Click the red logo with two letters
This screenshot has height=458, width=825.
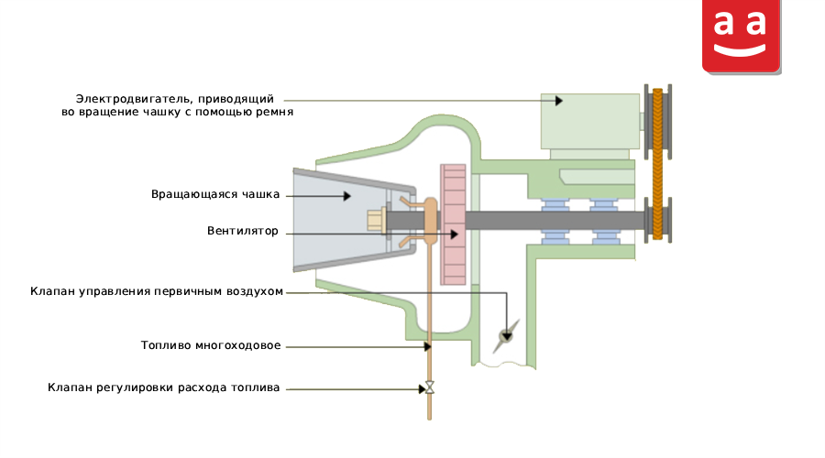pyautogui.click(x=741, y=36)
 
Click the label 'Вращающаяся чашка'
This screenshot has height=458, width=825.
pyautogui.click(x=215, y=194)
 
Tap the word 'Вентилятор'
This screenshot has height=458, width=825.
pyautogui.click(x=243, y=231)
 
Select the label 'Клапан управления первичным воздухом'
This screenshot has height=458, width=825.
pyautogui.click(x=157, y=291)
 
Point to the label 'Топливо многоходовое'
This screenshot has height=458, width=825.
pyautogui.click(x=211, y=345)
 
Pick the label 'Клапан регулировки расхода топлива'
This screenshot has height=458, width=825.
pyautogui.click(x=164, y=387)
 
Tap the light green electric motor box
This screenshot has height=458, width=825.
pyautogui.click(x=589, y=122)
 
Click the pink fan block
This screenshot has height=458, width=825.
pyautogui.click(x=453, y=224)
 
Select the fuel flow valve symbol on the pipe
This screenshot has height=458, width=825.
pyautogui.click(x=429, y=388)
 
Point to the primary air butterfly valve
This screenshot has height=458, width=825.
pyautogui.click(x=506, y=335)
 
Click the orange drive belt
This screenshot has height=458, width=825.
pyautogui.click(x=657, y=164)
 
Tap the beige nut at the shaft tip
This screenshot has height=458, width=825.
pyautogui.click(x=376, y=220)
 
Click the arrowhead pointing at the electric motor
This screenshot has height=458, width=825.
pyautogui.click(x=559, y=101)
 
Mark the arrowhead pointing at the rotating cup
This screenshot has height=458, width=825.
pyautogui.click(x=347, y=196)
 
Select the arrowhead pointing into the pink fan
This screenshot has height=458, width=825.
pyautogui.click(x=455, y=234)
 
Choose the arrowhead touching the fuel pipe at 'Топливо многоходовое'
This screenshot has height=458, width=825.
pyautogui.click(x=428, y=346)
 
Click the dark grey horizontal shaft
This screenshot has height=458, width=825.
pyautogui.click(x=515, y=221)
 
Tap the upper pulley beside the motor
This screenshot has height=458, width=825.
pyautogui.click(x=657, y=122)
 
